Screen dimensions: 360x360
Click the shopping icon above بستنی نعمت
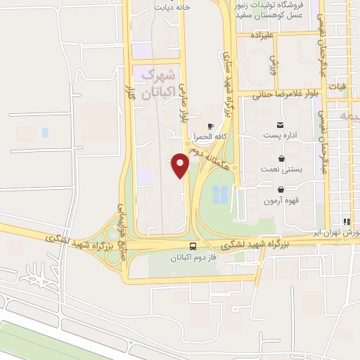pyautogui.click(x=281, y=158)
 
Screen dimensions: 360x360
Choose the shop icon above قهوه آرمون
pyautogui.click(x=281, y=189)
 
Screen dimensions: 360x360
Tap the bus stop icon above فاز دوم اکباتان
pyautogui.click(x=193, y=246)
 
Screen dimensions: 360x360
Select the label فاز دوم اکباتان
pyautogui.click(x=193, y=257)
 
